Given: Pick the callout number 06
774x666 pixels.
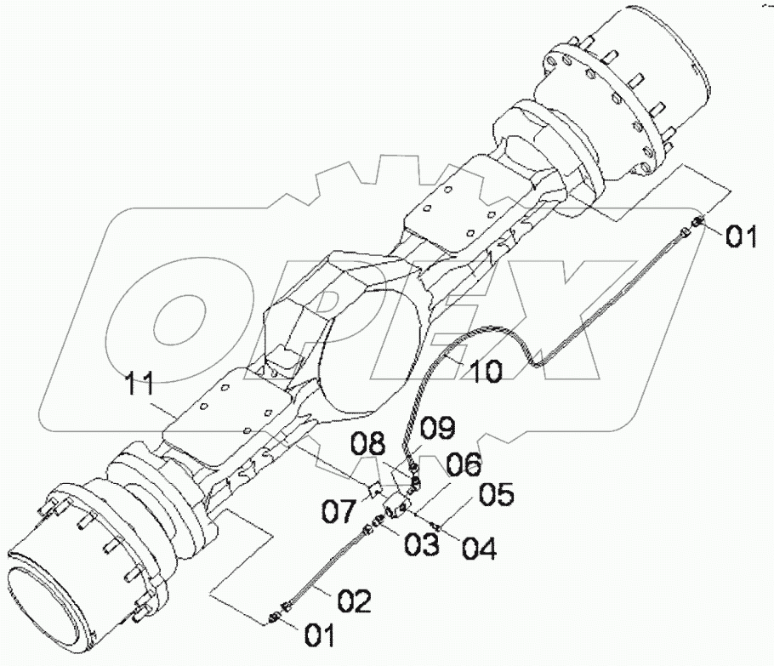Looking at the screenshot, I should point(461,464).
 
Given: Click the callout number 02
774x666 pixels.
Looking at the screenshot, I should point(353,602).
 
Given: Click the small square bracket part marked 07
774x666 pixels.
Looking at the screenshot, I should point(372,489).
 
